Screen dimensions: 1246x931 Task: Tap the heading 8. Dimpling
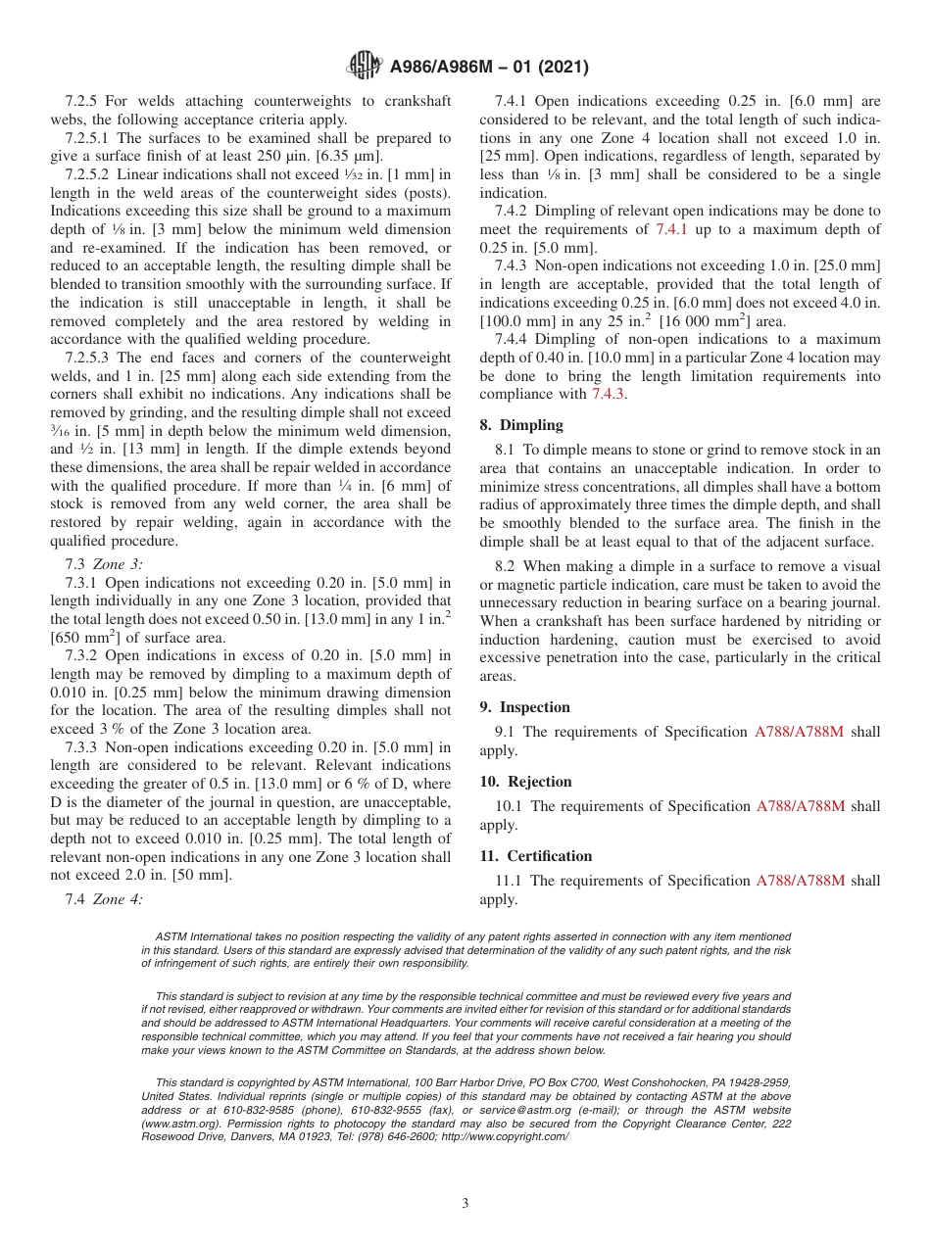click(521, 425)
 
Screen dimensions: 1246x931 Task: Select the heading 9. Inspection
click(524, 707)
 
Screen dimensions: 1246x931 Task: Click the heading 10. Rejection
click(525, 782)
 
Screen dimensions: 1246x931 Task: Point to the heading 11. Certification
click(535, 856)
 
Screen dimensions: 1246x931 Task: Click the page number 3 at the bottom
click(465, 1204)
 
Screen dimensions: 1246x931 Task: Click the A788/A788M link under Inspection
click(800, 732)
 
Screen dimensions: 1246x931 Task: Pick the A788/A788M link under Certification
click(800, 881)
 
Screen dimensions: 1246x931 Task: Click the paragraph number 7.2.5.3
click(91, 358)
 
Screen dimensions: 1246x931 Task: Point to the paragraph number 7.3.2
click(84, 655)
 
